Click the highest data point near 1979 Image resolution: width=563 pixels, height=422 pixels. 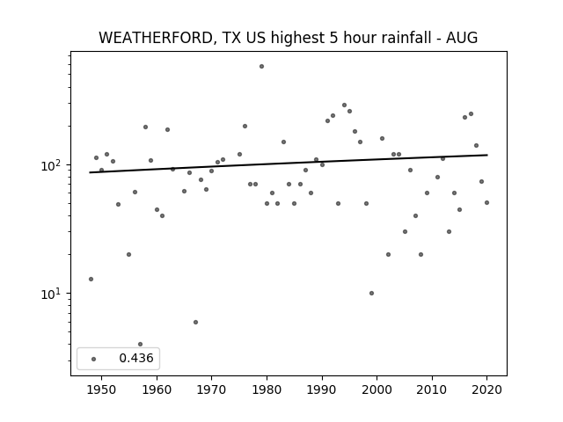(x=262, y=67)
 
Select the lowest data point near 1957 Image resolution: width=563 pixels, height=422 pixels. (x=141, y=344)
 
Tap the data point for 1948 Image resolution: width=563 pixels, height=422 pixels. (x=91, y=280)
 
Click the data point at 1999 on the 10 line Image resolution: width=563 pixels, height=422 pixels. (x=371, y=293)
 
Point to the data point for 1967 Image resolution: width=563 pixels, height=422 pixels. (x=195, y=323)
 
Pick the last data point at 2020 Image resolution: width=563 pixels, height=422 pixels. (x=486, y=203)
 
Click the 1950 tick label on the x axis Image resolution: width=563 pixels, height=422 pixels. (x=102, y=389)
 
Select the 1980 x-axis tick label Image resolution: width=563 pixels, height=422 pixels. (x=267, y=389)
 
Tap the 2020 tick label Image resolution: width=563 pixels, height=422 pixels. (x=486, y=389)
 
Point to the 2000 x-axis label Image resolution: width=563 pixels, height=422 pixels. (x=377, y=389)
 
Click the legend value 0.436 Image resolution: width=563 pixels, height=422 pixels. (x=136, y=358)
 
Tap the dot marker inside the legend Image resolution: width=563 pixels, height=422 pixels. (x=94, y=359)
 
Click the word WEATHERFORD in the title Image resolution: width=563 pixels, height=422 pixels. (x=155, y=38)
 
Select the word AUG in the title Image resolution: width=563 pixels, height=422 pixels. (x=462, y=38)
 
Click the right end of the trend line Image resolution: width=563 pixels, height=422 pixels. (x=487, y=155)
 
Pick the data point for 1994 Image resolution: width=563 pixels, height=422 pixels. (x=344, y=105)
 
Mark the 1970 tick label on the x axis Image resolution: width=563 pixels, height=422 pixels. (x=211, y=389)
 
